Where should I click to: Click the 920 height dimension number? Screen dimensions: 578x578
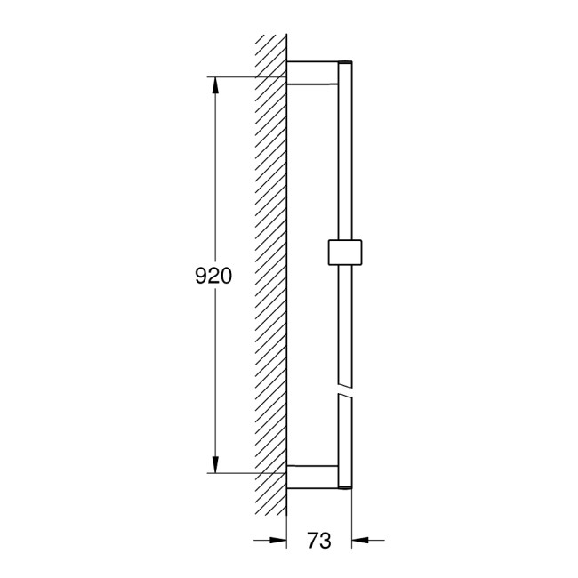(x=213, y=277)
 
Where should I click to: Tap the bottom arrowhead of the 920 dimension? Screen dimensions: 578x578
(x=214, y=466)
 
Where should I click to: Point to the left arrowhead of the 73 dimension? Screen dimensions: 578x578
(x=279, y=539)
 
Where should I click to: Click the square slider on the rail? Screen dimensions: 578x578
(x=346, y=252)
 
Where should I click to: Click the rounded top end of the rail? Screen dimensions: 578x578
(x=346, y=63)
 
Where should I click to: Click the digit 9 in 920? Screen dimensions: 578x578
(x=201, y=277)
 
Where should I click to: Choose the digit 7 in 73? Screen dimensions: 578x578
(x=313, y=540)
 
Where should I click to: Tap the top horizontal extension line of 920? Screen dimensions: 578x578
(x=249, y=77)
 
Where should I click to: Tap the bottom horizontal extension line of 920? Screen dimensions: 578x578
(x=249, y=473)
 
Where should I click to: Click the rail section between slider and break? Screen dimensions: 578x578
(x=346, y=325)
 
